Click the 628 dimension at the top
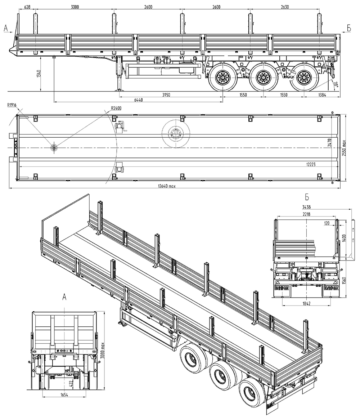(x=27, y=7)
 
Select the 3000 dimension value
(x=75, y=7)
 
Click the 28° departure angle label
(x=336, y=85)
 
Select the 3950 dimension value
(x=166, y=94)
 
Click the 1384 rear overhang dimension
(x=322, y=94)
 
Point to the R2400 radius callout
(x=116, y=107)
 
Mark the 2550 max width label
(x=345, y=148)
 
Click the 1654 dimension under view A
(x=65, y=395)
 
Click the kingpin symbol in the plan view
(x=54, y=148)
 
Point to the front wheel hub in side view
(x=221, y=77)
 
